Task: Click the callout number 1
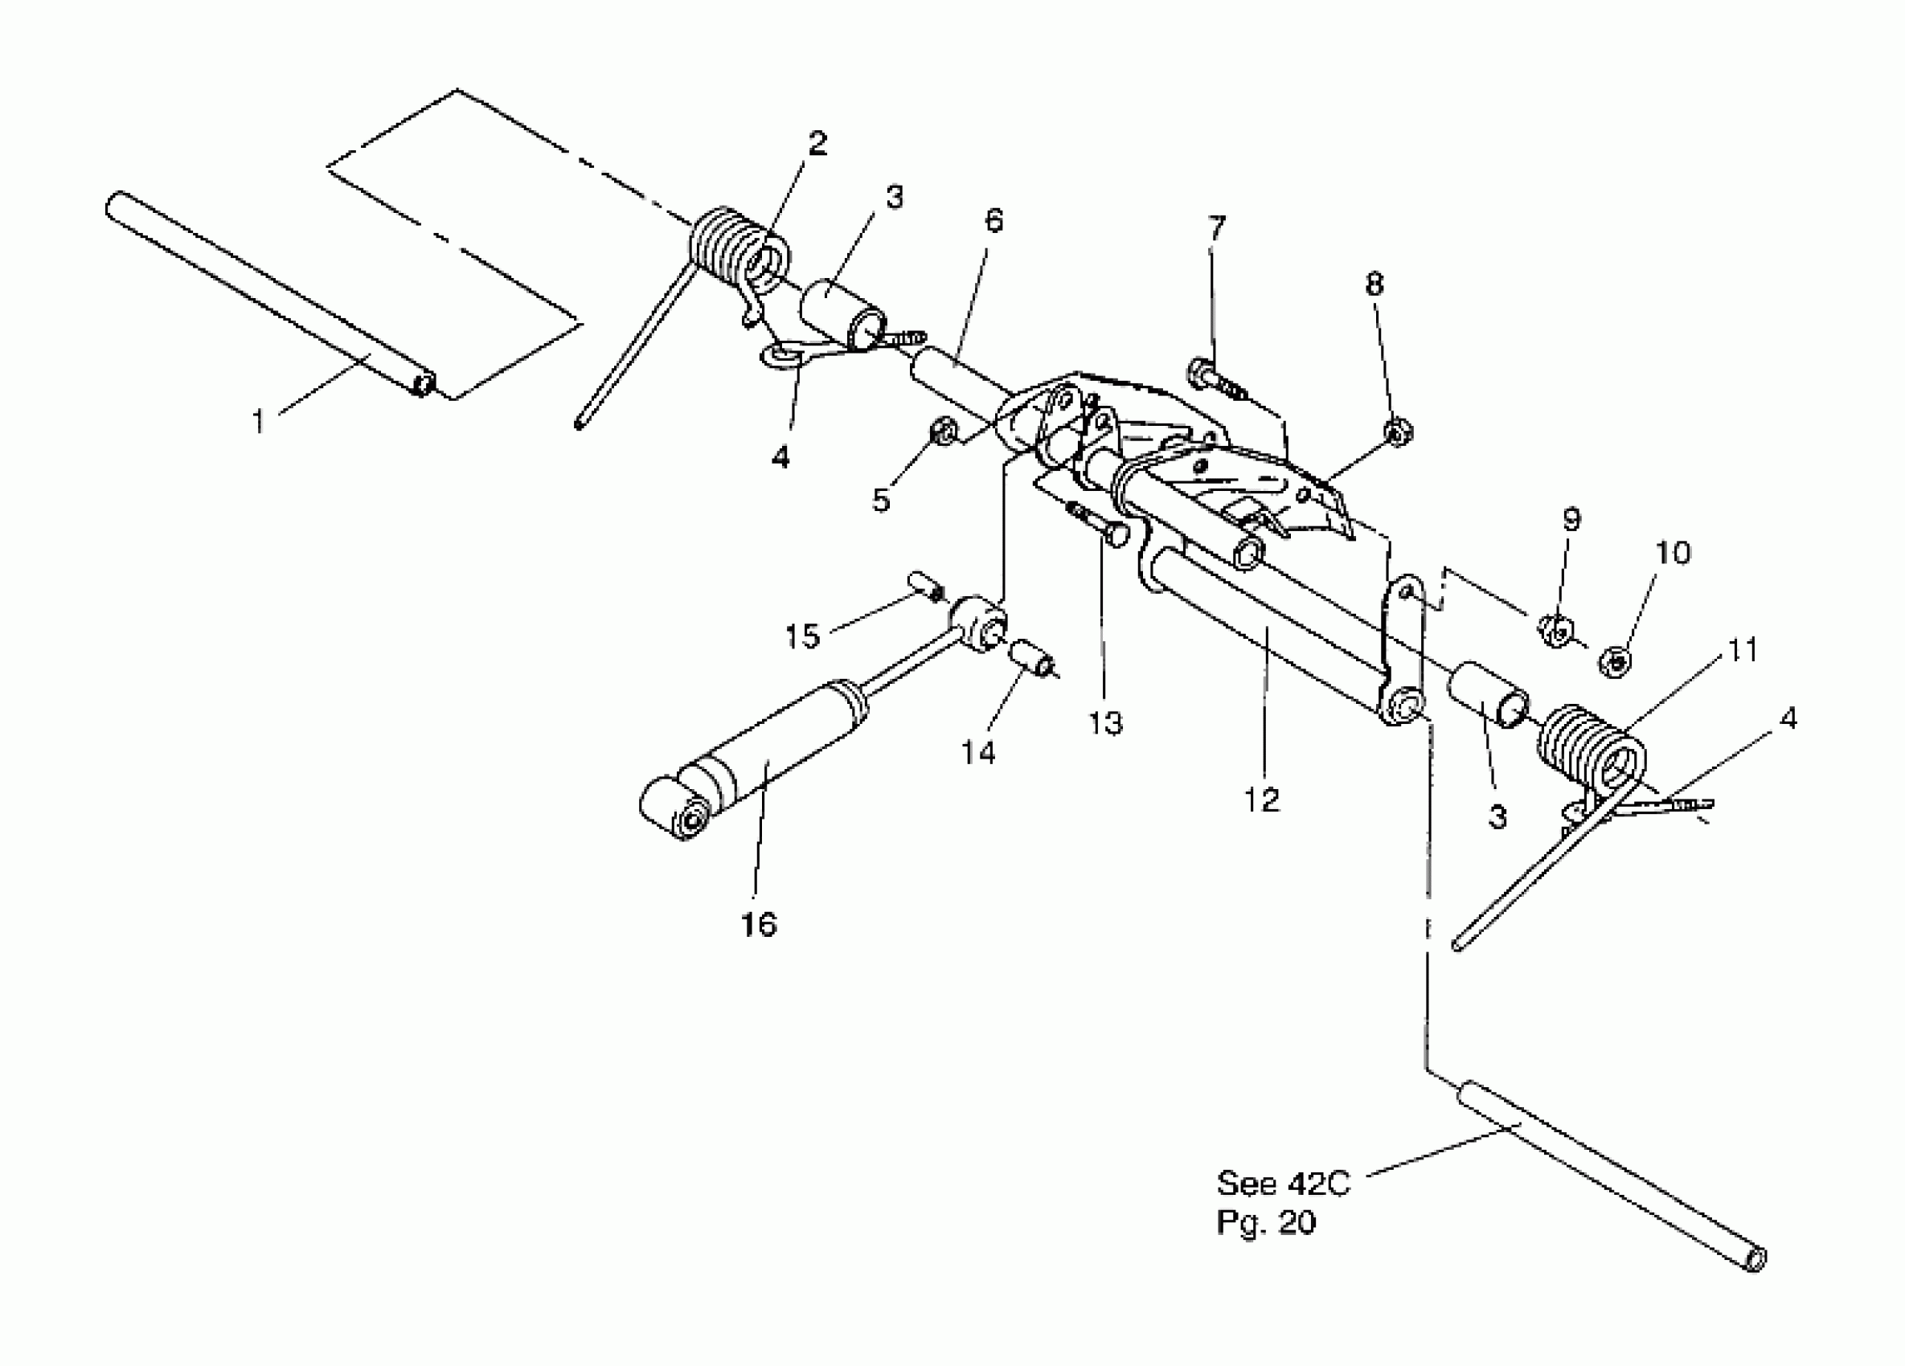tap(259, 420)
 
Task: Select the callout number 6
tap(993, 221)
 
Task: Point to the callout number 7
tap(1216, 227)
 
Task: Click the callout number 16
tap(759, 924)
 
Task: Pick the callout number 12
tap(1262, 800)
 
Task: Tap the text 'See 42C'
tap(1284, 1183)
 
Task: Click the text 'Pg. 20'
tap(1267, 1222)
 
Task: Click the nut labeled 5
tap(942, 433)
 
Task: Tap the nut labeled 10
tap(1614, 661)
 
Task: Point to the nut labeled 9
tap(1555, 632)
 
